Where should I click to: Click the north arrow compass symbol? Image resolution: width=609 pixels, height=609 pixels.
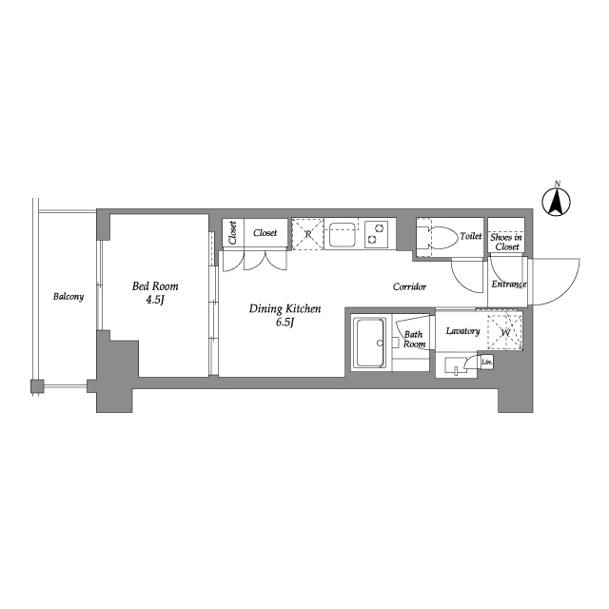pyautogui.click(x=556, y=202)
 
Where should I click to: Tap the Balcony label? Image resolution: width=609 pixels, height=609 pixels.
pyautogui.click(x=69, y=297)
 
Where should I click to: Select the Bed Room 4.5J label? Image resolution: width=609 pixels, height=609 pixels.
pyautogui.click(x=155, y=292)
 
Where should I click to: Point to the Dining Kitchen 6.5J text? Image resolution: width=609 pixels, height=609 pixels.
pyautogui.click(x=285, y=315)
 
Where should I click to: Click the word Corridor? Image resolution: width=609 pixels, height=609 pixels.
pyautogui.click(x=409, y=286)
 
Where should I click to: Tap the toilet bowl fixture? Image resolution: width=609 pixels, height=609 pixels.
pyautogui.click(x=442, y=237)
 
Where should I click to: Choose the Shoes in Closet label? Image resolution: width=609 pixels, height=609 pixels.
pyautogui.click(x=506, y=242)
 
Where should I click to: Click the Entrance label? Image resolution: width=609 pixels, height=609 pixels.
pyautogui.click(x=509, y=284)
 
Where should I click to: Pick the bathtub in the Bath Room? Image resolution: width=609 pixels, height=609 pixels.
pyautogui.click(x=371, y=343)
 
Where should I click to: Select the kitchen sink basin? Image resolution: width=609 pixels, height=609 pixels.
pyautogui.click(x=342, y=234)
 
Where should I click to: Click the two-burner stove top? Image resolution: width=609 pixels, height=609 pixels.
pyautogui.click(x=377, y=234)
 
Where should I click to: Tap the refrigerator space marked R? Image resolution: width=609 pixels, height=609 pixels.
pyautogui.click(x=307, y=234)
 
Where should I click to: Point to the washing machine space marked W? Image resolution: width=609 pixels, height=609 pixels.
pyautogui.click(x=505, y=332)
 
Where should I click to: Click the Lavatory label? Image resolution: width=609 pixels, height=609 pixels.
pyautogui.click(x=462, y=331)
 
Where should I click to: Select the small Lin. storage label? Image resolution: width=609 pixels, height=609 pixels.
pyautogui.click(x=486, y=362)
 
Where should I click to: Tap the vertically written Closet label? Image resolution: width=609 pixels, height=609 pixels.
pyautogui.click(x=232, y=232)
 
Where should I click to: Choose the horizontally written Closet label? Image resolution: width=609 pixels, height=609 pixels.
pyautogui.click(x=265, y=232)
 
